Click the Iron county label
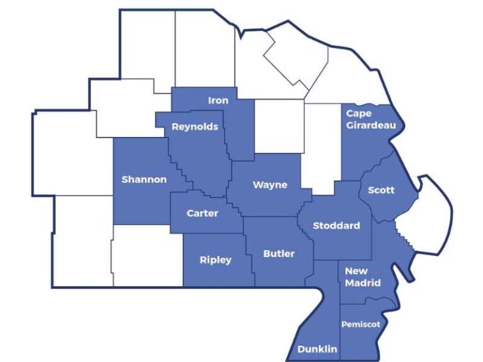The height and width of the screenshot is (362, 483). pyautogui.click(x=218, y=101)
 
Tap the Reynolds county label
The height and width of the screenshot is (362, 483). pyautogui.click(x=195, y=126)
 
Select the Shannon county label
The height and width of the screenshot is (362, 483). pyautogui.click(x=144, y=179)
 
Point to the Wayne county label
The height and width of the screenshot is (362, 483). pyautogui.click(x=270, y=185)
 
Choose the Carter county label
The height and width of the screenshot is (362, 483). pyautogui.click(x=203, y=213)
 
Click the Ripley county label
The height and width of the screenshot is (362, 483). pyautogui.click(x=216, y=260)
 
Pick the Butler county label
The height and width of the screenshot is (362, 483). pyautogui.click(x=279, y=254)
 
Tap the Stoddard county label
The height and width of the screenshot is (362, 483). pyautogui.click(x=336, y=226)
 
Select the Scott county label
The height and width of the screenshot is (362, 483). pyautogui.click(x=380, y=189)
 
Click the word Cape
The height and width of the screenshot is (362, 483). pyautogui.click(x=358, y=114)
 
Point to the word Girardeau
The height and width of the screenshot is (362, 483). pyautogui.click(x=371, y=125)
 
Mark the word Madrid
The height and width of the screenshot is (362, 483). pyautogui.click(x=363, y=283)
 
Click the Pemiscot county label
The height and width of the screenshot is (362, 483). pyautogui.click(x=360, y=324)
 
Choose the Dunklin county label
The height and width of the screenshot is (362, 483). pyautogui.click(x=317, y=349)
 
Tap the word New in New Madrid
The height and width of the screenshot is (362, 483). pyautogui.click(x=356, y=271)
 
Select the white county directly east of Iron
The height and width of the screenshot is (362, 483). pyautogui.click(x=279, y=126)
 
